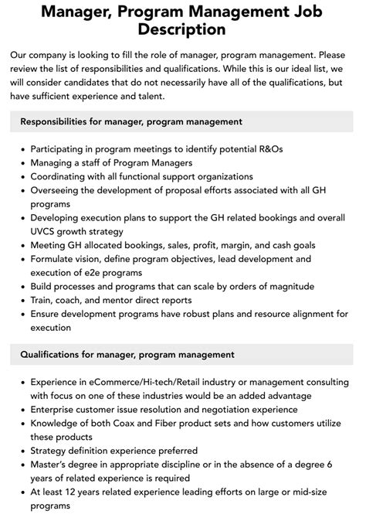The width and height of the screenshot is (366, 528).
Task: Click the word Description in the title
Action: click(x=183, y=29)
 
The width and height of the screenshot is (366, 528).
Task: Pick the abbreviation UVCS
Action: click(x=45, y=231)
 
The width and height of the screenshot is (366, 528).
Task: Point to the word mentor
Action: click(x=118, y=300)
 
